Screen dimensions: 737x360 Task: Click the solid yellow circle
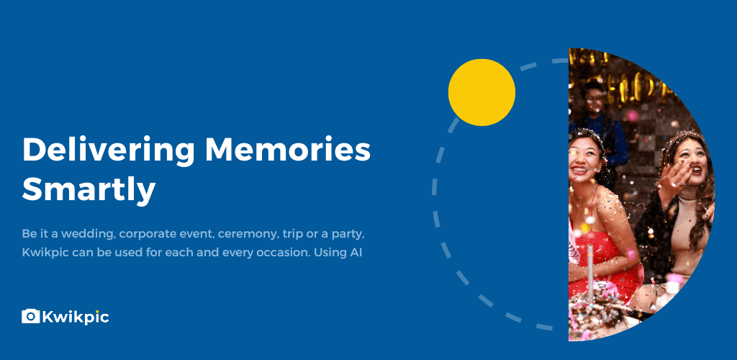[481, 92]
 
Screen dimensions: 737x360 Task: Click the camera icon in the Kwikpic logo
[30, 316]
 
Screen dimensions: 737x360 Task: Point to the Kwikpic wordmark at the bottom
[76, 317]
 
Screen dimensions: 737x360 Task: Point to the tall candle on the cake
[590, 269]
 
